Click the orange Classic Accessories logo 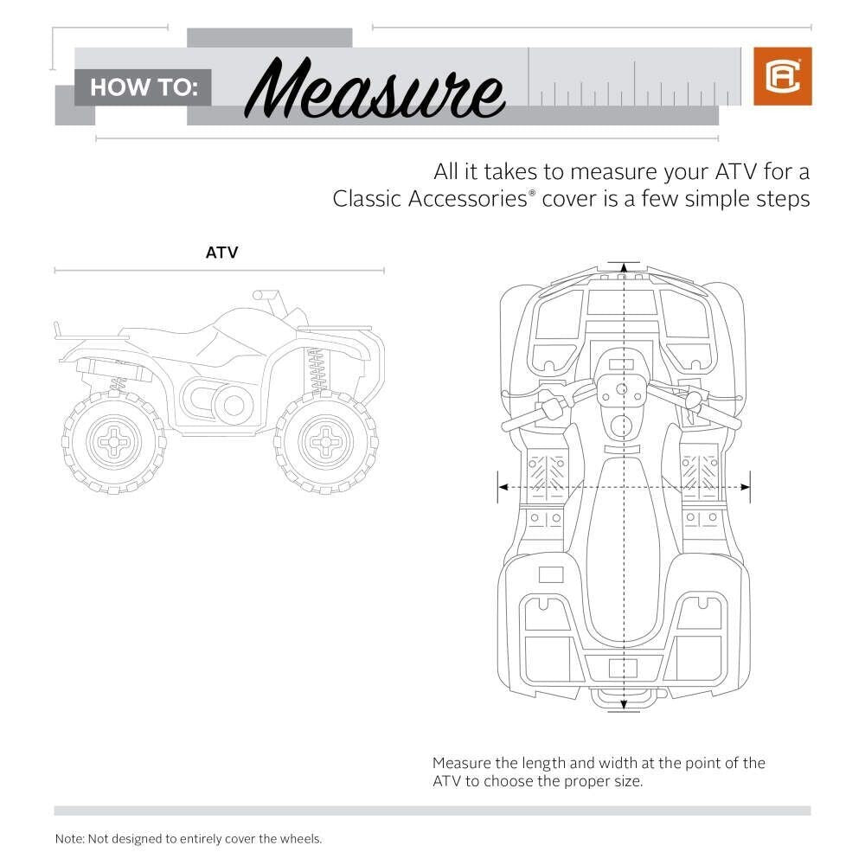pos(782,76)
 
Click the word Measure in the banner pos(375,88)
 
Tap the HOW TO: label pos(144,87)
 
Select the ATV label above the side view pos(221,253)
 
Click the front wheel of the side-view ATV pos(326,441)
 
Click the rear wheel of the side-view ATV pos(114,442)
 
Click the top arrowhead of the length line pos(624,268)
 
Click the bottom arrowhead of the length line pos(624,704)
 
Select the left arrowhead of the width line pos(503,487)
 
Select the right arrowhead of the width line pos(745,487)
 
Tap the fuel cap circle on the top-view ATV pos(622,426)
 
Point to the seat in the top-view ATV pos(623,552)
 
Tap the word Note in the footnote pos(68,839)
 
